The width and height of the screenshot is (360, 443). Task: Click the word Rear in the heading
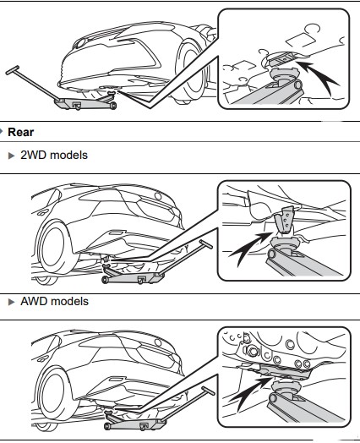[23, 132]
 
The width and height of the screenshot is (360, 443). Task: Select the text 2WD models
[52, 155]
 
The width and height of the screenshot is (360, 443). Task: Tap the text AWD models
[53, 301]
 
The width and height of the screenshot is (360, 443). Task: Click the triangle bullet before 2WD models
[11, 155]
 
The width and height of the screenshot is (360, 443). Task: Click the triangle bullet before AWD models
[11, 301]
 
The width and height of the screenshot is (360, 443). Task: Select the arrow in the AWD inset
[253, 391]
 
